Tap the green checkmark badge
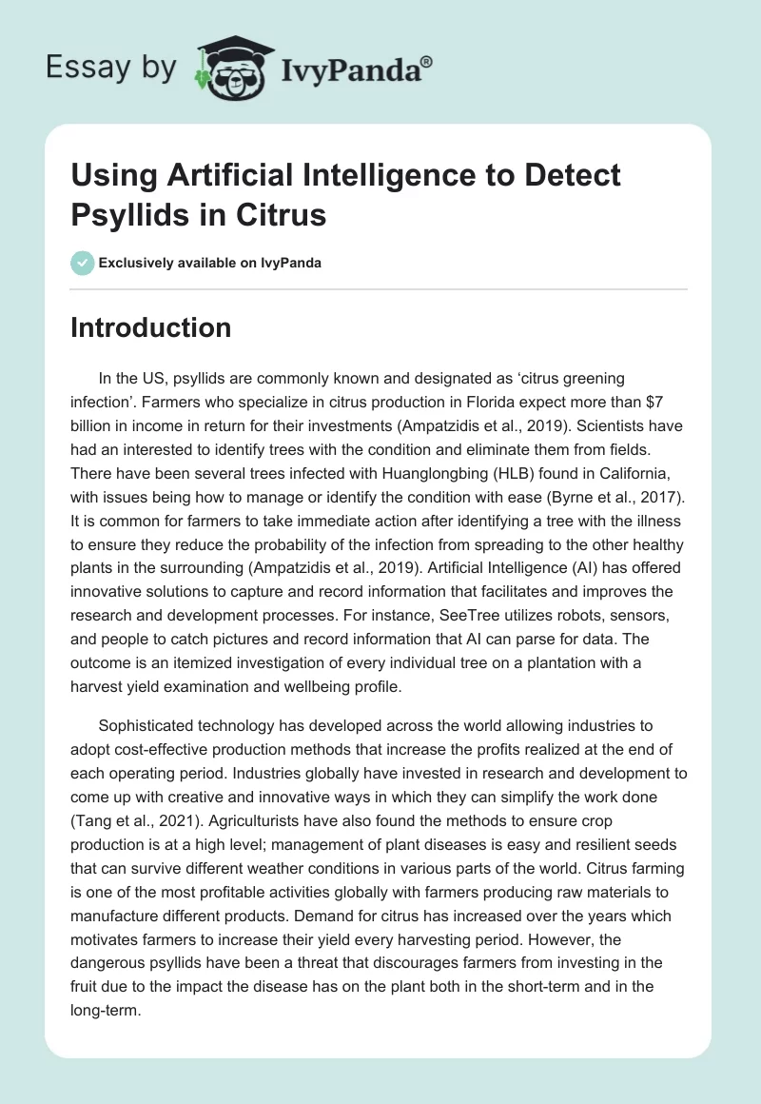82,262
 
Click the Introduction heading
150,327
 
